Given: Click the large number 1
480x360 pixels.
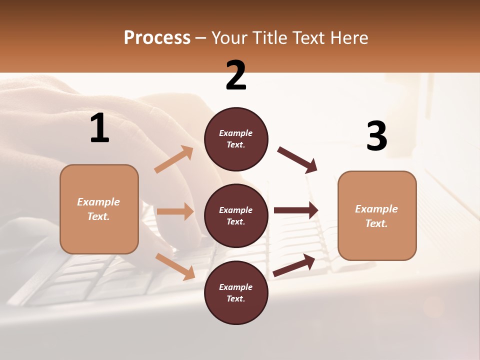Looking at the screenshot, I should tap(99, 128).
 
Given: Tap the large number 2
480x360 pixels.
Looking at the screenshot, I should tap(236, 75).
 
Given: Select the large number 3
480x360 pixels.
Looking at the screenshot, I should tap(376, 136).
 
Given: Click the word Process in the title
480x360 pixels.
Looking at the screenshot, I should tap(157, 37).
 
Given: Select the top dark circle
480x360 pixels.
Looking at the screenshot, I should tap(236, 139).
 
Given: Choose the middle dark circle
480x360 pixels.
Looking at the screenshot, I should tap(236, 215).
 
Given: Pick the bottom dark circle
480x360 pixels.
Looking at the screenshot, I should tap(236, 292).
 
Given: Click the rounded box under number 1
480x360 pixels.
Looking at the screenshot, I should tap(99, 209).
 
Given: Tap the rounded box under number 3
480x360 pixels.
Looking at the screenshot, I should tap(377, 215).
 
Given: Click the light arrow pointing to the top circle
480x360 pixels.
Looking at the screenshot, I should tap(174, 159).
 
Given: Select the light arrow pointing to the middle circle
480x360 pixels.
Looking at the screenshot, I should tap(175, 211).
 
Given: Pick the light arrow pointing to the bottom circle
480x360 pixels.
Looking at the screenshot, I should tap(175, 266).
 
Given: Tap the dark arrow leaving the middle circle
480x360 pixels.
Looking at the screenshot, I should tap(296, 210).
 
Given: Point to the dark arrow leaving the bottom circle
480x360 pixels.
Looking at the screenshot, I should tap(294, 265).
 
